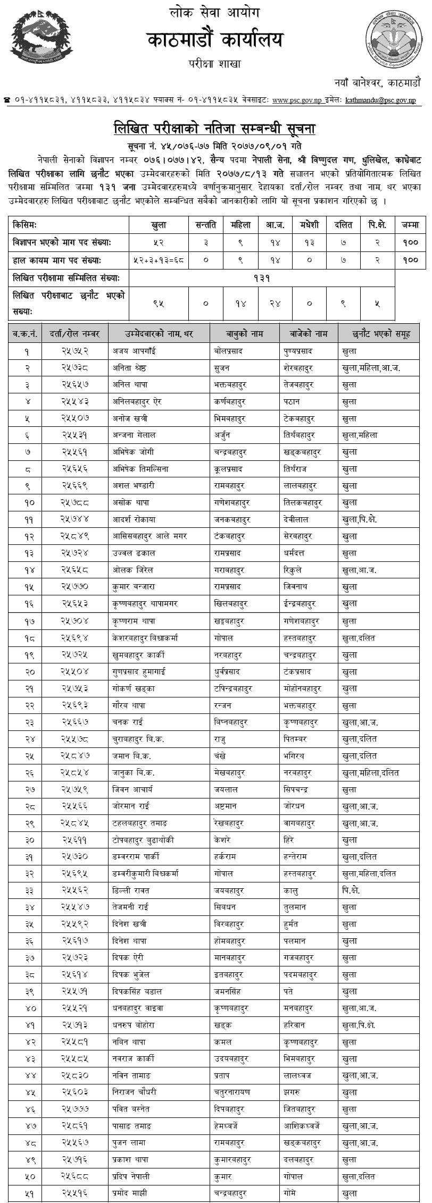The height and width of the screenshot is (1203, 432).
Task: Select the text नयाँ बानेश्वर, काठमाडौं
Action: [x=378, y=83]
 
